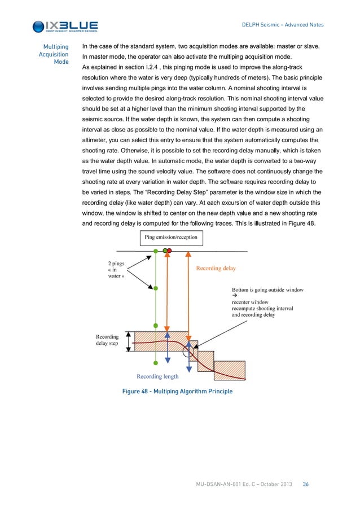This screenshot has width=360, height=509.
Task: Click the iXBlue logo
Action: (x=65, y=26)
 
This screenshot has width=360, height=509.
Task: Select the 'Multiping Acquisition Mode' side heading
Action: (x=54, y=54)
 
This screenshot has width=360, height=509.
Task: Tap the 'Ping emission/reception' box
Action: (x=171, y=237)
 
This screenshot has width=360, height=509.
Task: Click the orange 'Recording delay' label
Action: (x=216, y=269)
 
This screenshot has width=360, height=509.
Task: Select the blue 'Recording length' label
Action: (x=158, y=376)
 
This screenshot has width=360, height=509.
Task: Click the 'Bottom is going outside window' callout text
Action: (x=267, y=290)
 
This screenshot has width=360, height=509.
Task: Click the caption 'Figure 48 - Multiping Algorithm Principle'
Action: (x=177, y=391)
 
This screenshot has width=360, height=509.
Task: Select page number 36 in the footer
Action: (x=306, y=484)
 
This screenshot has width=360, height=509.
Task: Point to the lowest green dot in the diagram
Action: (x=156, y=363)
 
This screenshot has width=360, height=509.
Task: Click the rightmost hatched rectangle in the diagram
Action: (x=230, y=371)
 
